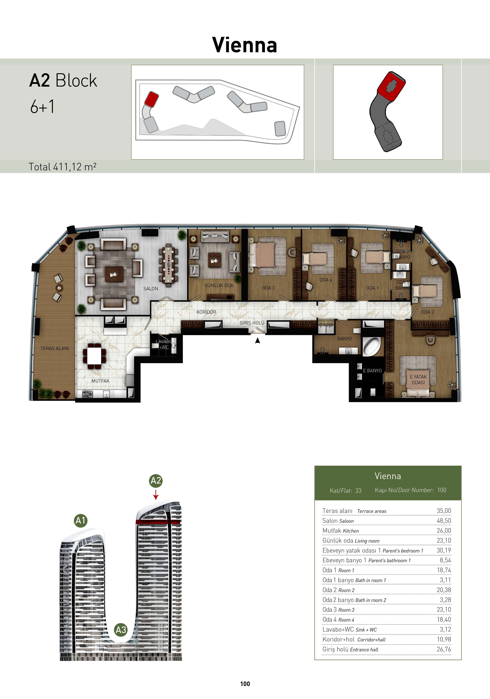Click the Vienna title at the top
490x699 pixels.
pyautogui.click(x=244, y=45)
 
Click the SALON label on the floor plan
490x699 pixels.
pyautogui.click(x=151, y=289)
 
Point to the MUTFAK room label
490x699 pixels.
pyautogui.click(x=100, y=381)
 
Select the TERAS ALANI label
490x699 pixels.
pyautogui.click(x=55, y=348)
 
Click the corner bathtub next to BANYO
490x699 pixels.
pyautogui.click(x=371, y=346)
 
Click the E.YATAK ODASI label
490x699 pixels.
pyautogui.click(x=418, y=380)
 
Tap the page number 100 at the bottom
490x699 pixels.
pyautogui.click(x=245, y=684)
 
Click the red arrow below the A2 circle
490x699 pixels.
pyautogui.click(x=156, y=495)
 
